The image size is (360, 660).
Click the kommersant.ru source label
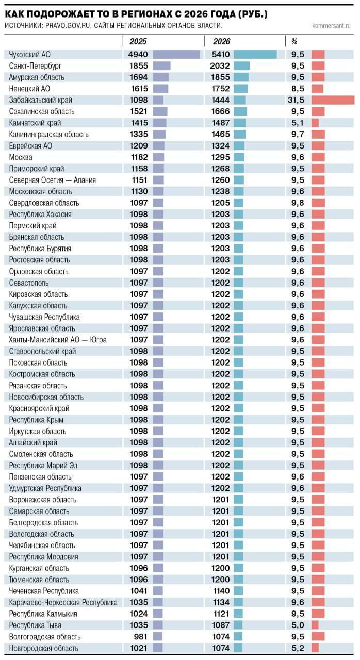[331, 25]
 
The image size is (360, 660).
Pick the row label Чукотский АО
[30, 54]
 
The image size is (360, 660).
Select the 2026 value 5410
[221, 54]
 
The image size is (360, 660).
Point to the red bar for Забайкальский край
[333, 100]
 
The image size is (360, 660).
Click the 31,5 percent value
[296, 100]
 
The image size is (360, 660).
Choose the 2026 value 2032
[221, 66]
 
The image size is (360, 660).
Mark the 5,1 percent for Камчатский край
[298, 123]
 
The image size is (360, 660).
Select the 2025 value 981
[141, 637]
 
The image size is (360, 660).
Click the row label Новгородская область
[44, 648]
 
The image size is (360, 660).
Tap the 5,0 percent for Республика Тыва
[298, 625]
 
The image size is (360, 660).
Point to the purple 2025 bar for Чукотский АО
[176, 54]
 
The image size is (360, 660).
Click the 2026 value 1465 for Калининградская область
[221, 134]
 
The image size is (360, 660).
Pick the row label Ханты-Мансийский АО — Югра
[58, 340]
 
